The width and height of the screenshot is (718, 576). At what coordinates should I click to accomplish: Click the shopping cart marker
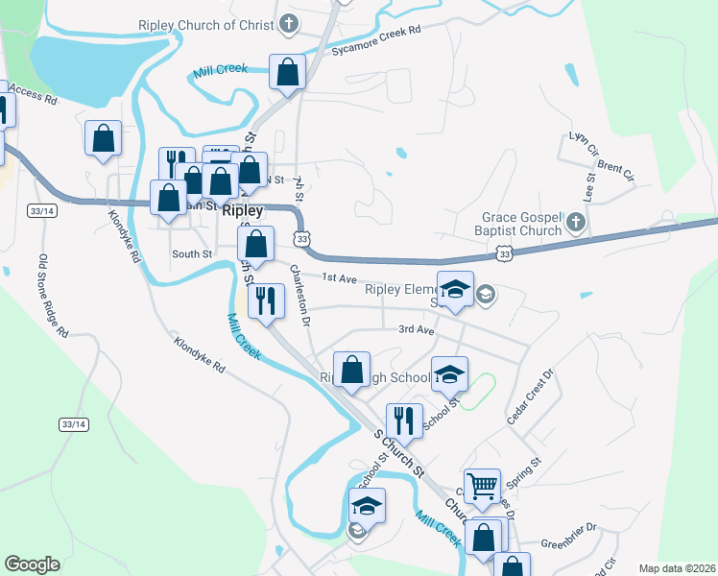[x=482, y=484]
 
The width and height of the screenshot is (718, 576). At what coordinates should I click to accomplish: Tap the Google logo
[x=32, y=564]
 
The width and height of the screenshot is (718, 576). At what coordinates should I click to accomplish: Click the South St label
[x=191, y=253]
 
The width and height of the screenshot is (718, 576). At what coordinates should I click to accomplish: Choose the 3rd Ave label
[x=418, y=329]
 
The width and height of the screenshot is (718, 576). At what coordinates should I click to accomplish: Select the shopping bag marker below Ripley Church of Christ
[x=287, y=70]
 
